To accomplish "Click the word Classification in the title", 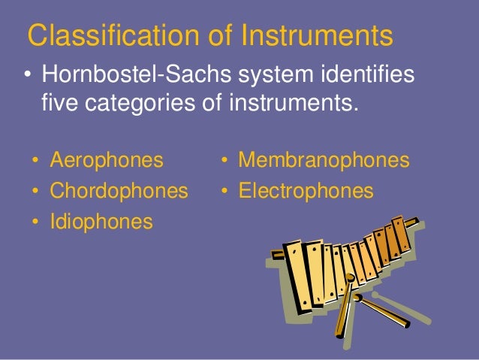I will point(101,35).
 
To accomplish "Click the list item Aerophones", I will point(106,160).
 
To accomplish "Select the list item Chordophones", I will point(119,191).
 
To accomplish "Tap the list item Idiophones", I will point(101,222).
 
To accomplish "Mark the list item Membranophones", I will point(324,160).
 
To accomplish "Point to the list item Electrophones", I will point(306,191).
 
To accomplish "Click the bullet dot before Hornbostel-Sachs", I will point(27,77).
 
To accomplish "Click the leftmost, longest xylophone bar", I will point(295,274).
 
